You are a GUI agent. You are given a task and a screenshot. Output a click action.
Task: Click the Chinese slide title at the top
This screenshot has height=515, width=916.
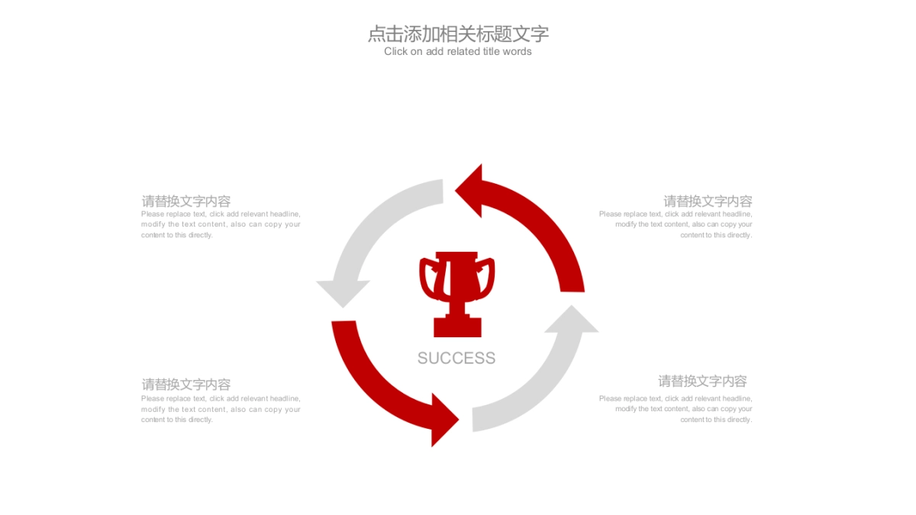[x=458, y=34]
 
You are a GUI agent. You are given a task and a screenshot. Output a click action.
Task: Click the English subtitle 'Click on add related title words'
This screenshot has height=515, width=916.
[x=458, y=52]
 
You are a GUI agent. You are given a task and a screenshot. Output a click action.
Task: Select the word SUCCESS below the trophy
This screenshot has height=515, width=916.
[x=456, y=358]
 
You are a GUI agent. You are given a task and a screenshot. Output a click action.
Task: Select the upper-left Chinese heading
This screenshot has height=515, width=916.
[x=186, y=201]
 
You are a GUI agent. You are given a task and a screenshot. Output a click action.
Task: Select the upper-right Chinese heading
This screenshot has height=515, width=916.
[x=708, y=201]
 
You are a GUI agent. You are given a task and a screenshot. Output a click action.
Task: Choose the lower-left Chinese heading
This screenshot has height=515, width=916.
[x=186, y=385]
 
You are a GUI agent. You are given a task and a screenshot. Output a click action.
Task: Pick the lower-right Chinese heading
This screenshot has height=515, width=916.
[x=702, y=381]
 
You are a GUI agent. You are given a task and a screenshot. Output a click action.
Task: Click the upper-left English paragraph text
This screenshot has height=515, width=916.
[x=221, y=224]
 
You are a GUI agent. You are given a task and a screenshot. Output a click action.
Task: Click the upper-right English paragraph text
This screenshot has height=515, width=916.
[x=676, y=224]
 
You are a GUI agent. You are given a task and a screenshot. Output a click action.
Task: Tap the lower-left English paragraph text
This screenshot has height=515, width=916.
[x=221, y=409]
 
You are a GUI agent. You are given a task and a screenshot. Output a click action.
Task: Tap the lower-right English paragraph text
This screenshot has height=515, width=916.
[x=676, y=409]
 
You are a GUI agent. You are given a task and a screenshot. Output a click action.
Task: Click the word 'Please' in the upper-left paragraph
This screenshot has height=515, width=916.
[x=153, y=214]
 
